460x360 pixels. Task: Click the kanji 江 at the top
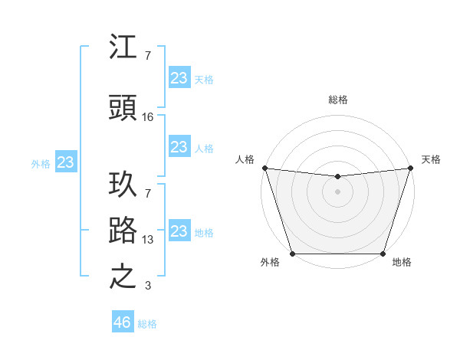[x=123, y=48]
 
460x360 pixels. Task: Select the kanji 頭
[x=123, y=110]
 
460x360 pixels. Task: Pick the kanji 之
[x=123, y=277]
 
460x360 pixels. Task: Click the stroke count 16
[x=148, y=117]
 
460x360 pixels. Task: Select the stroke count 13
[x=148, y=239]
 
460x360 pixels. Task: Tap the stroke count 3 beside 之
[x=148, y=286]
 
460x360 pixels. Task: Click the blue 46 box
[x=123, y=322]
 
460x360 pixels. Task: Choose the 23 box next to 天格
[x=179, y=78]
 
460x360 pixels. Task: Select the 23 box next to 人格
[x=179, y=147]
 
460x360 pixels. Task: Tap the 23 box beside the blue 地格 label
[x=179, y=231]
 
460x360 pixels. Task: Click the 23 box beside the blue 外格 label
[x=65, y=162]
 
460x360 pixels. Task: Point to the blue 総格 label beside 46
[x=147, y=323]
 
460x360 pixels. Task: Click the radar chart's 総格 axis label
[x=337, y=100]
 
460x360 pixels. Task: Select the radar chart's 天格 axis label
[x=431, y=159]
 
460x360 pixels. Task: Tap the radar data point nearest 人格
[x=264, y=168]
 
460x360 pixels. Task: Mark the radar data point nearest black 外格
[x=292, y=254]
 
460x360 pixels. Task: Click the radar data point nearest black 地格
[x=383, y=254]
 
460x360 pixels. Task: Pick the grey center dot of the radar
[x=337, y=191]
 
